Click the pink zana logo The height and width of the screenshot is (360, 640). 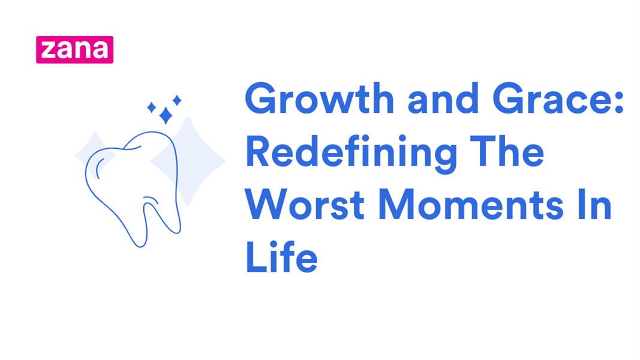pyautogui.click(x=74, y=49)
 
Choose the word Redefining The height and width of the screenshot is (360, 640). pyautogui.click(x=351, y=152)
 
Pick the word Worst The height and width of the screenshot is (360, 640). pyautogui.click(x=305, y=205)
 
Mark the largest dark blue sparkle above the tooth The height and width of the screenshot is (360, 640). pyautogui.click(x=166, y=115)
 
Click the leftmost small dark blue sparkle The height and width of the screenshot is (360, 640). pyautogui.click(x=152, y=107)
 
